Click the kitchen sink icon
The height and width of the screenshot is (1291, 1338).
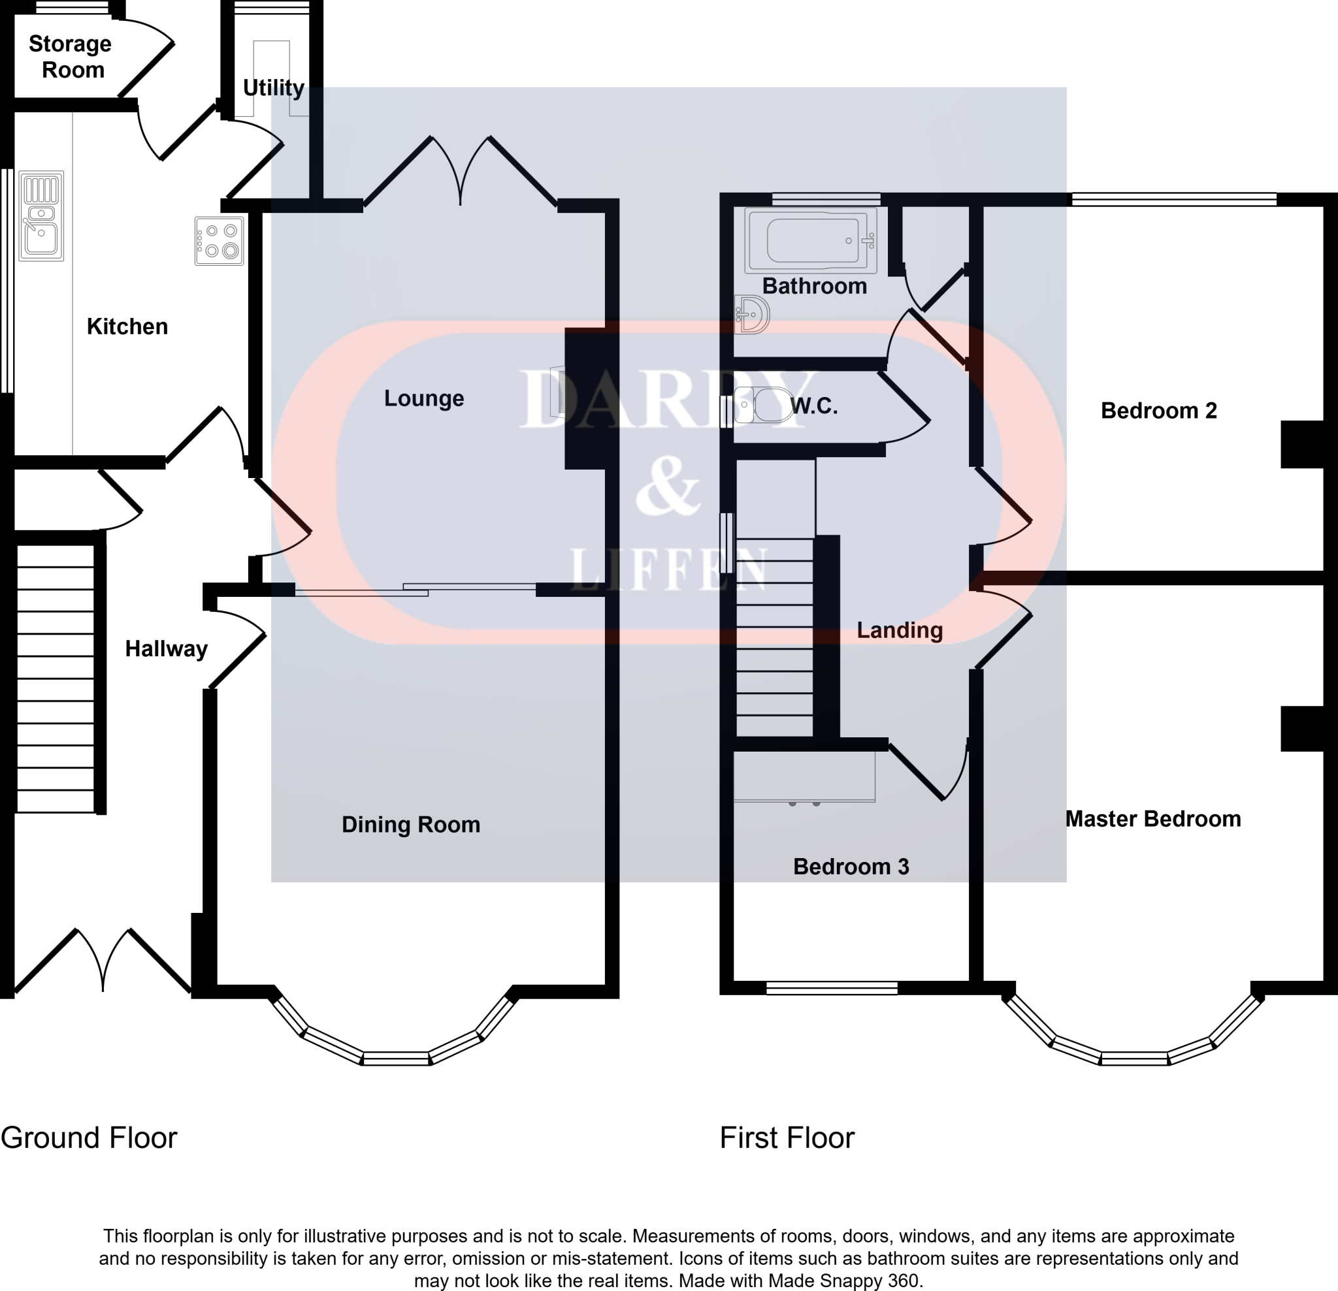42,215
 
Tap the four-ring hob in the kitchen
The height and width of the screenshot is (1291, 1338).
219,241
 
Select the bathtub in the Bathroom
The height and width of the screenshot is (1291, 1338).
811,240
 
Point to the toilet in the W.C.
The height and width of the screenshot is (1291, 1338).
763,406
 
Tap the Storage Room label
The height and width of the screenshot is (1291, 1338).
71,57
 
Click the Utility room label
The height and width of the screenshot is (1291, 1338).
273,88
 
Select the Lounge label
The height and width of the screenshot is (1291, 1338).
423,398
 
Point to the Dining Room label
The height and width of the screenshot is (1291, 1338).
410,824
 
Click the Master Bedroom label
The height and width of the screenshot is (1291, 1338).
1152,819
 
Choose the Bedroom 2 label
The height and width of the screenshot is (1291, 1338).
1158,411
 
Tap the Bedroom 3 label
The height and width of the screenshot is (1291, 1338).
851,867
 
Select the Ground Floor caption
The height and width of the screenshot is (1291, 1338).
89,1138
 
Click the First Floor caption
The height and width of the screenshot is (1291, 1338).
787,1138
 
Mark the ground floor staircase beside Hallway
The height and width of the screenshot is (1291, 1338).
56,678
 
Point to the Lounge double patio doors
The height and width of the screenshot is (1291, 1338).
461,170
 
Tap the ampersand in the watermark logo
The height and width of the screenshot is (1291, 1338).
667,486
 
